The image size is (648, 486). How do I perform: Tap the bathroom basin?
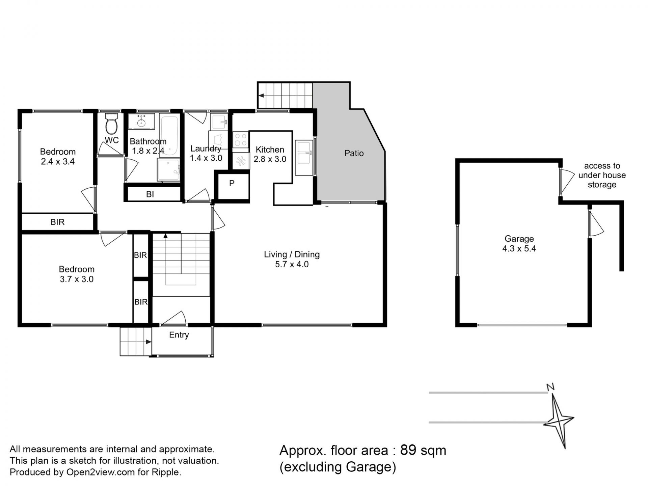click(141, 121)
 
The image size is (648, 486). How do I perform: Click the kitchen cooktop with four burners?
click(241, 139)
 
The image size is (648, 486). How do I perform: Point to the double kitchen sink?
click(304, 158)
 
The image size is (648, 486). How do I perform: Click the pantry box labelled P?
click(232, 186)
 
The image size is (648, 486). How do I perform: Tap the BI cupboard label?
click(150, 194)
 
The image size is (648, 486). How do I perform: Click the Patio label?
click(354, 153)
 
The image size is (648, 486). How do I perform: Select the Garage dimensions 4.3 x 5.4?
click(519, 249)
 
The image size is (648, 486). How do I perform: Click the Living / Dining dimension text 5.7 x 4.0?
click(292, 264)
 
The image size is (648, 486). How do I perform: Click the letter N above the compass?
click(551, 387)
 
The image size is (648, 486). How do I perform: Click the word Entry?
click(179, 335)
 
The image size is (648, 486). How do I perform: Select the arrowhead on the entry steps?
click(148, 342)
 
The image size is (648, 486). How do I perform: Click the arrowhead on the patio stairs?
click(261, 96)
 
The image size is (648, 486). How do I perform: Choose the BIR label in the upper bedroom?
click(57, 222)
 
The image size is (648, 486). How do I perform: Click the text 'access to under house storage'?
click(602, 175)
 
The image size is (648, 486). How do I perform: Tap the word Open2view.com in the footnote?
click(101, 473)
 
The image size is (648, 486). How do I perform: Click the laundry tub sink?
click(219, 122)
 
